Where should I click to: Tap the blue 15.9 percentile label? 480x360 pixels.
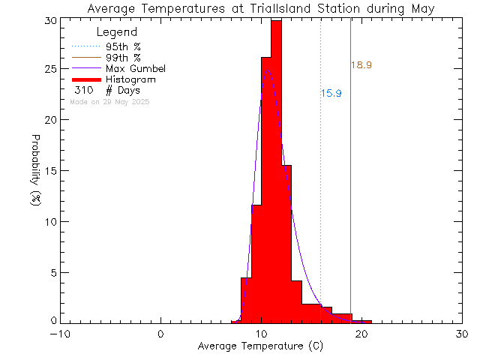tap(331, 94)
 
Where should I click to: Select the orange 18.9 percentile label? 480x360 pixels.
tap(361, 65)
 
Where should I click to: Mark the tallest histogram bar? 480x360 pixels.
tap(276, 172)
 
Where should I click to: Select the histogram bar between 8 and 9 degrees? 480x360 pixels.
tap(246, 300)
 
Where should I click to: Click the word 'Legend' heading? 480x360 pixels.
tap(117, 32)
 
